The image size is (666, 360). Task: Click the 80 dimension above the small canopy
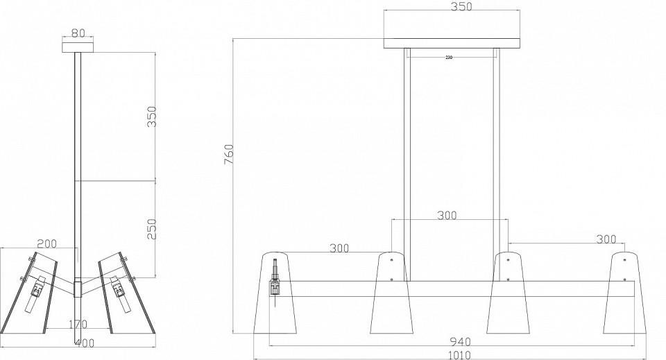(78, 33)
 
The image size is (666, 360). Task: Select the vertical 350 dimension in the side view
(152, 117)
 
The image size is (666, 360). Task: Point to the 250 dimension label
(152, 229)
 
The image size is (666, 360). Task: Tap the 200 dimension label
(47, 243)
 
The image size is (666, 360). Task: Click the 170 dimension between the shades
(78, 325)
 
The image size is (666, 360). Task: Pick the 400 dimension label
(85, 343)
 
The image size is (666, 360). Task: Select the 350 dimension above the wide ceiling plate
(461, 7)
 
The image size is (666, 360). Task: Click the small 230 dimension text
(449, 58)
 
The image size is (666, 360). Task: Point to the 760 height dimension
(228, 155)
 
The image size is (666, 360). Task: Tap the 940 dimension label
(460, 341)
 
